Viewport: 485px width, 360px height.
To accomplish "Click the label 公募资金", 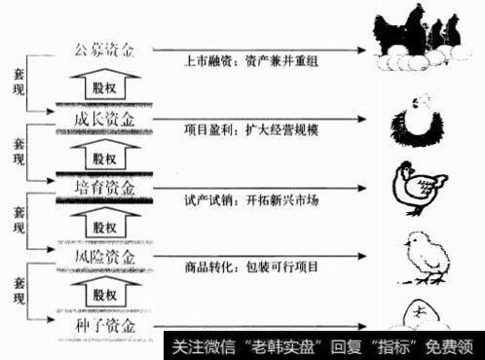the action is coord(106,50).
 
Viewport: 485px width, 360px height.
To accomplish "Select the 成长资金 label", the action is coord(106,119).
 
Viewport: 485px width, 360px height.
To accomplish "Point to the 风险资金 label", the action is coord(106,257).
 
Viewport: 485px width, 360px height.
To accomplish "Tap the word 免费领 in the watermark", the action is coord(456,347).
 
